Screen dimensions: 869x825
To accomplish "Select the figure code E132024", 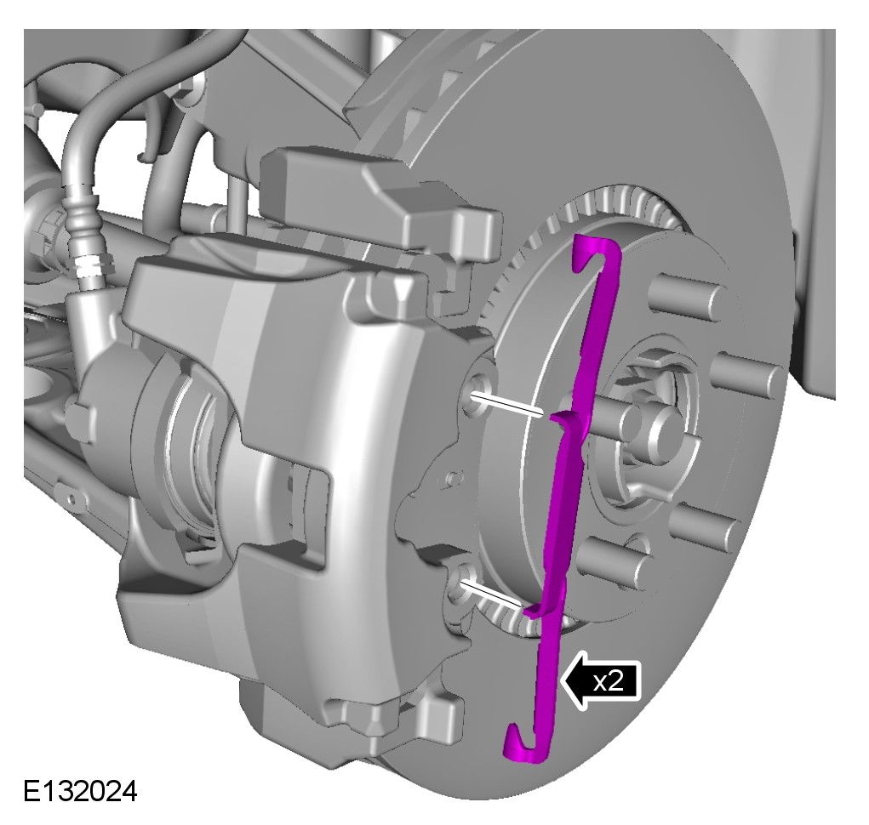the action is (80, 791).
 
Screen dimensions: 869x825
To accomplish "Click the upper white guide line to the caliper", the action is (506, 403).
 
